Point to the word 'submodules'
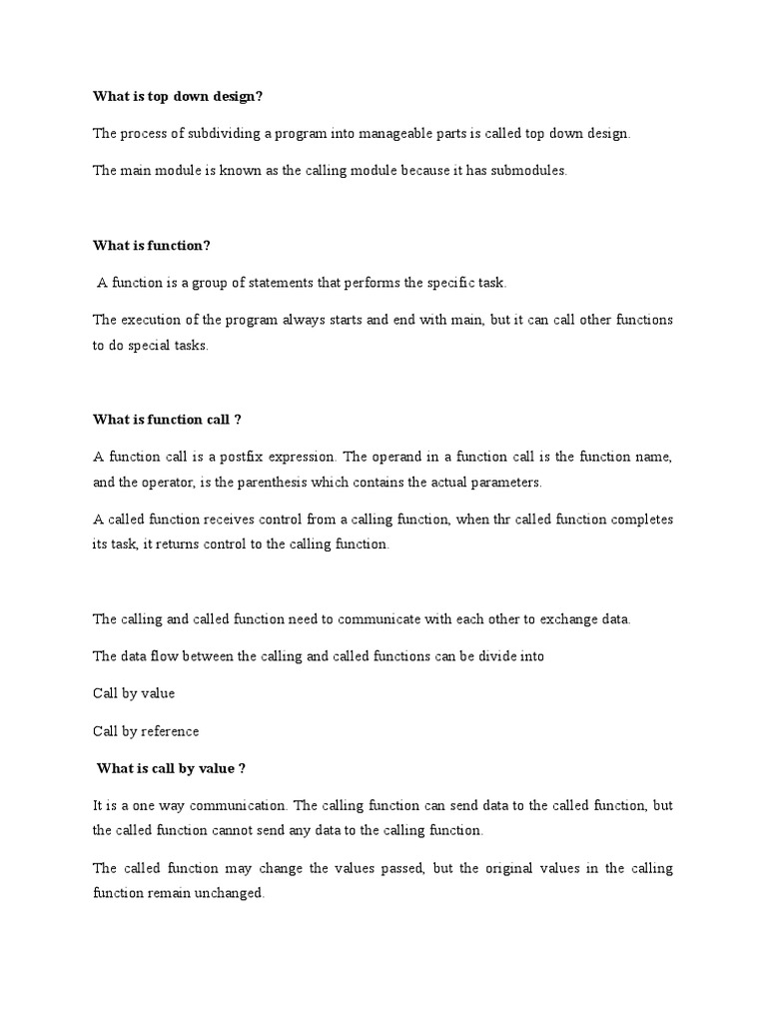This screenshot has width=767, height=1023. (529, 170)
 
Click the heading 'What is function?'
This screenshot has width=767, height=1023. (152, 246)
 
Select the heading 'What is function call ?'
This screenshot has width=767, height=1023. (168, 420)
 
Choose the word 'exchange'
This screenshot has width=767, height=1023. (551, 619)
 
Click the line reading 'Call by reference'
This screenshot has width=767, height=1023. (146, 731)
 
